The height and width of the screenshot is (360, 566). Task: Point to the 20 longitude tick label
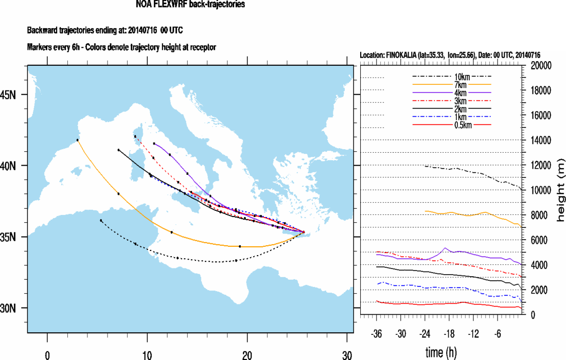[247, 354]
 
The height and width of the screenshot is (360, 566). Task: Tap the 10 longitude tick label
[147, 354]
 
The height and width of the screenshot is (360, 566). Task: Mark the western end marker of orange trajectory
[78, 140]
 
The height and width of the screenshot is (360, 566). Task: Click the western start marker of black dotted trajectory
[101, 220]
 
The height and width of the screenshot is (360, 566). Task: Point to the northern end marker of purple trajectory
[154, 143]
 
